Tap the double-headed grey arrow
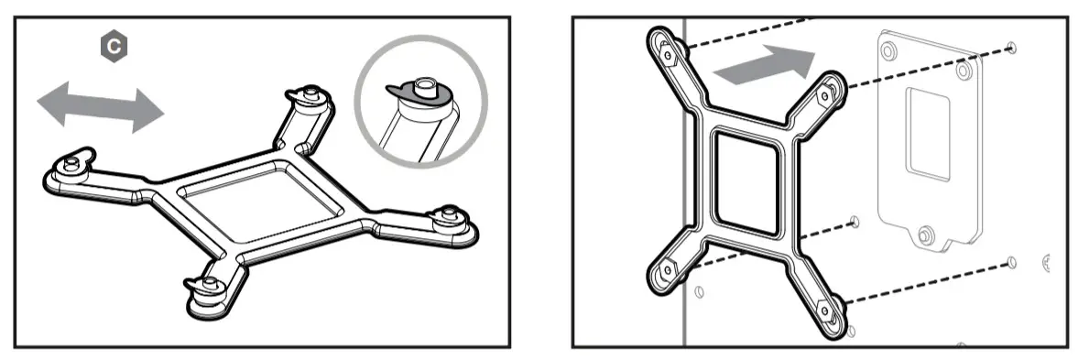[101, 104]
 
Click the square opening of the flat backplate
[258, 197]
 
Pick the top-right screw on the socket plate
[962, 70]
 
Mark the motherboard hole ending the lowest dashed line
[1010, 263]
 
